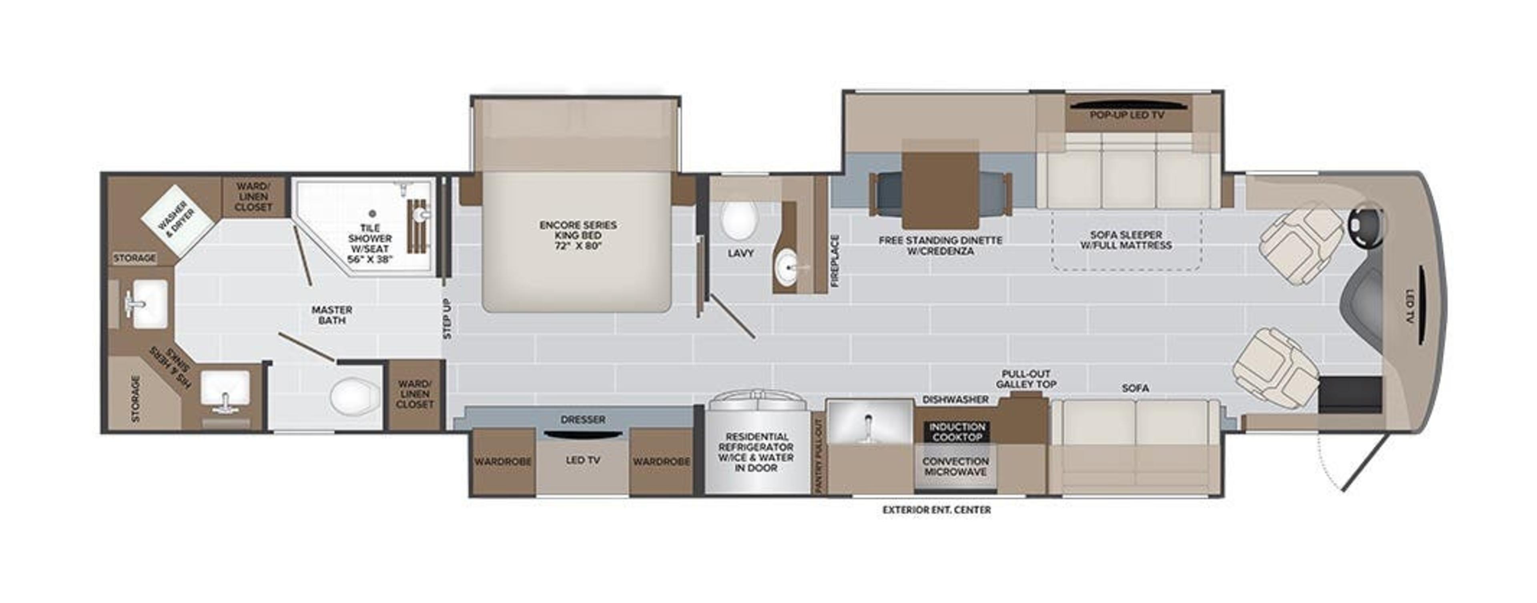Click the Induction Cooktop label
click(x=957, y=432)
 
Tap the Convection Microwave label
click(x=955, y=466)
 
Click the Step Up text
click(x=447, y=318)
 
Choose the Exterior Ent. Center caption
click(x=936, y=510)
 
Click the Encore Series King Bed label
click(x=578, y=235)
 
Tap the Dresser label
click(x=582, y=420)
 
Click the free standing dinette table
click(x=940, y=190)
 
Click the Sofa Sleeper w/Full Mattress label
click(x=1125, y=240)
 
